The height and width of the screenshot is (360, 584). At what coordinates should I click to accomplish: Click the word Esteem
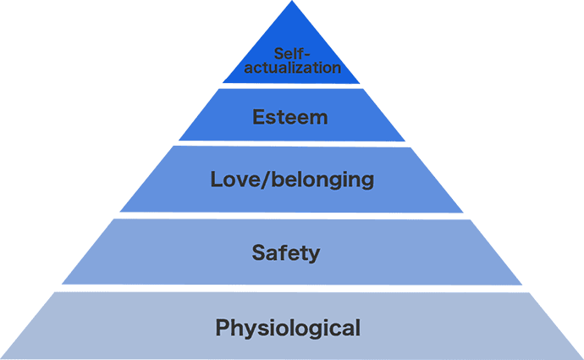290,117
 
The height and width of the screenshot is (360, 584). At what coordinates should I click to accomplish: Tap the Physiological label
289,326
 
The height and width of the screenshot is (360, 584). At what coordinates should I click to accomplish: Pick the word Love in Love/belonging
227,180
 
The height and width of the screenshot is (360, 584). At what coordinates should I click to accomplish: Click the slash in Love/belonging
251,180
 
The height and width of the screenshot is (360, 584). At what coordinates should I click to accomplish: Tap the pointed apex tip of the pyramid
292,3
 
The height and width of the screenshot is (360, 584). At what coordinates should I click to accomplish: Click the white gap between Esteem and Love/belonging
292,143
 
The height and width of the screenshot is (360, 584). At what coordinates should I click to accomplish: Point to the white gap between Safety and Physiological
292,288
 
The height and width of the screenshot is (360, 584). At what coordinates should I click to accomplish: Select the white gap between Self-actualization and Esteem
292,86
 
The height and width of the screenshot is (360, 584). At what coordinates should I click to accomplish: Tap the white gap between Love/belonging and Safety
292,215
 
